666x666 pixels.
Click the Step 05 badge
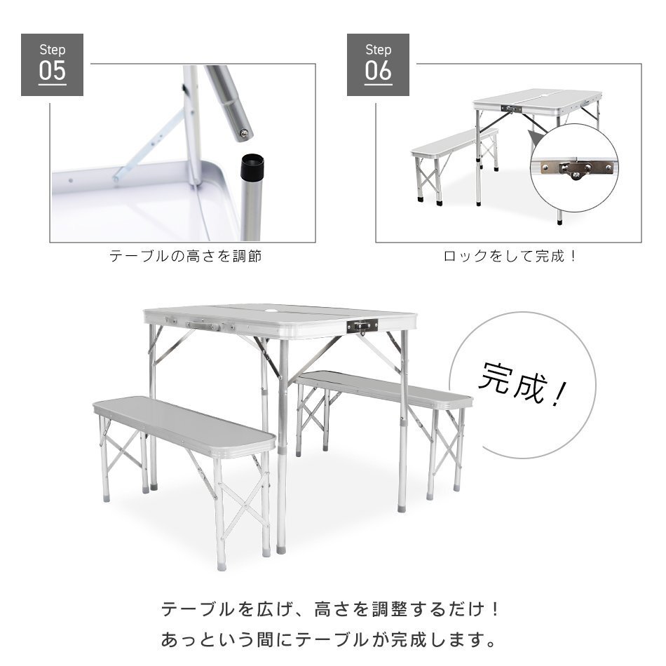point(52,64)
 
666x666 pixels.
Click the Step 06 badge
point(378,64)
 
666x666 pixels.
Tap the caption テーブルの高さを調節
point(186,257)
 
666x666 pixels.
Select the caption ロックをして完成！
point(510,257)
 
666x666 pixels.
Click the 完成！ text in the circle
point(522,386)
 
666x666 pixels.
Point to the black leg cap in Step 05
point(252,167)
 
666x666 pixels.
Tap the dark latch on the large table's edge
point(362,325)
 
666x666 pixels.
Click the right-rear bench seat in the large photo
point(384,390)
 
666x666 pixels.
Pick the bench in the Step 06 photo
point(452,144)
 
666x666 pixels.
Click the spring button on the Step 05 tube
point(243,131)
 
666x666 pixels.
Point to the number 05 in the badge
point(52,72)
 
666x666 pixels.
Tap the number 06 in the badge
point(378,72)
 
